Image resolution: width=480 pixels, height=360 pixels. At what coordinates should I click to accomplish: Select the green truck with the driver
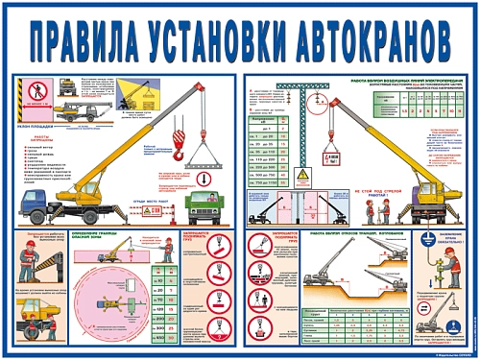(x=203, y=204)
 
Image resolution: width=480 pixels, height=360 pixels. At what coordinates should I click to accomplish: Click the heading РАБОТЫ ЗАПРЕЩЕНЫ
(x=35, y=137)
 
